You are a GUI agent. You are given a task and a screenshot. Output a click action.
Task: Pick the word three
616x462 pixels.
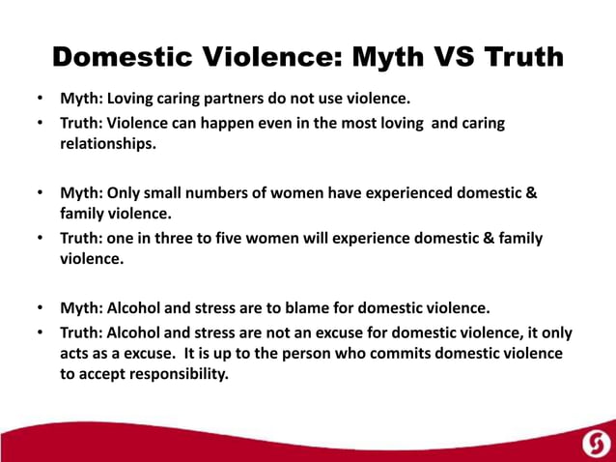coord(186,238)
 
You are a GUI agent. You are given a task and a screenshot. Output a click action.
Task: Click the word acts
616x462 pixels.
coord(77,354)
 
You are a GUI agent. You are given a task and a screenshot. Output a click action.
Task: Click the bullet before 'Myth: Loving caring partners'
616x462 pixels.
coord(40,99)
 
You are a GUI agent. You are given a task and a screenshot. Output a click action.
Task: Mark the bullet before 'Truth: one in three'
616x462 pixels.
coord(40,239)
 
